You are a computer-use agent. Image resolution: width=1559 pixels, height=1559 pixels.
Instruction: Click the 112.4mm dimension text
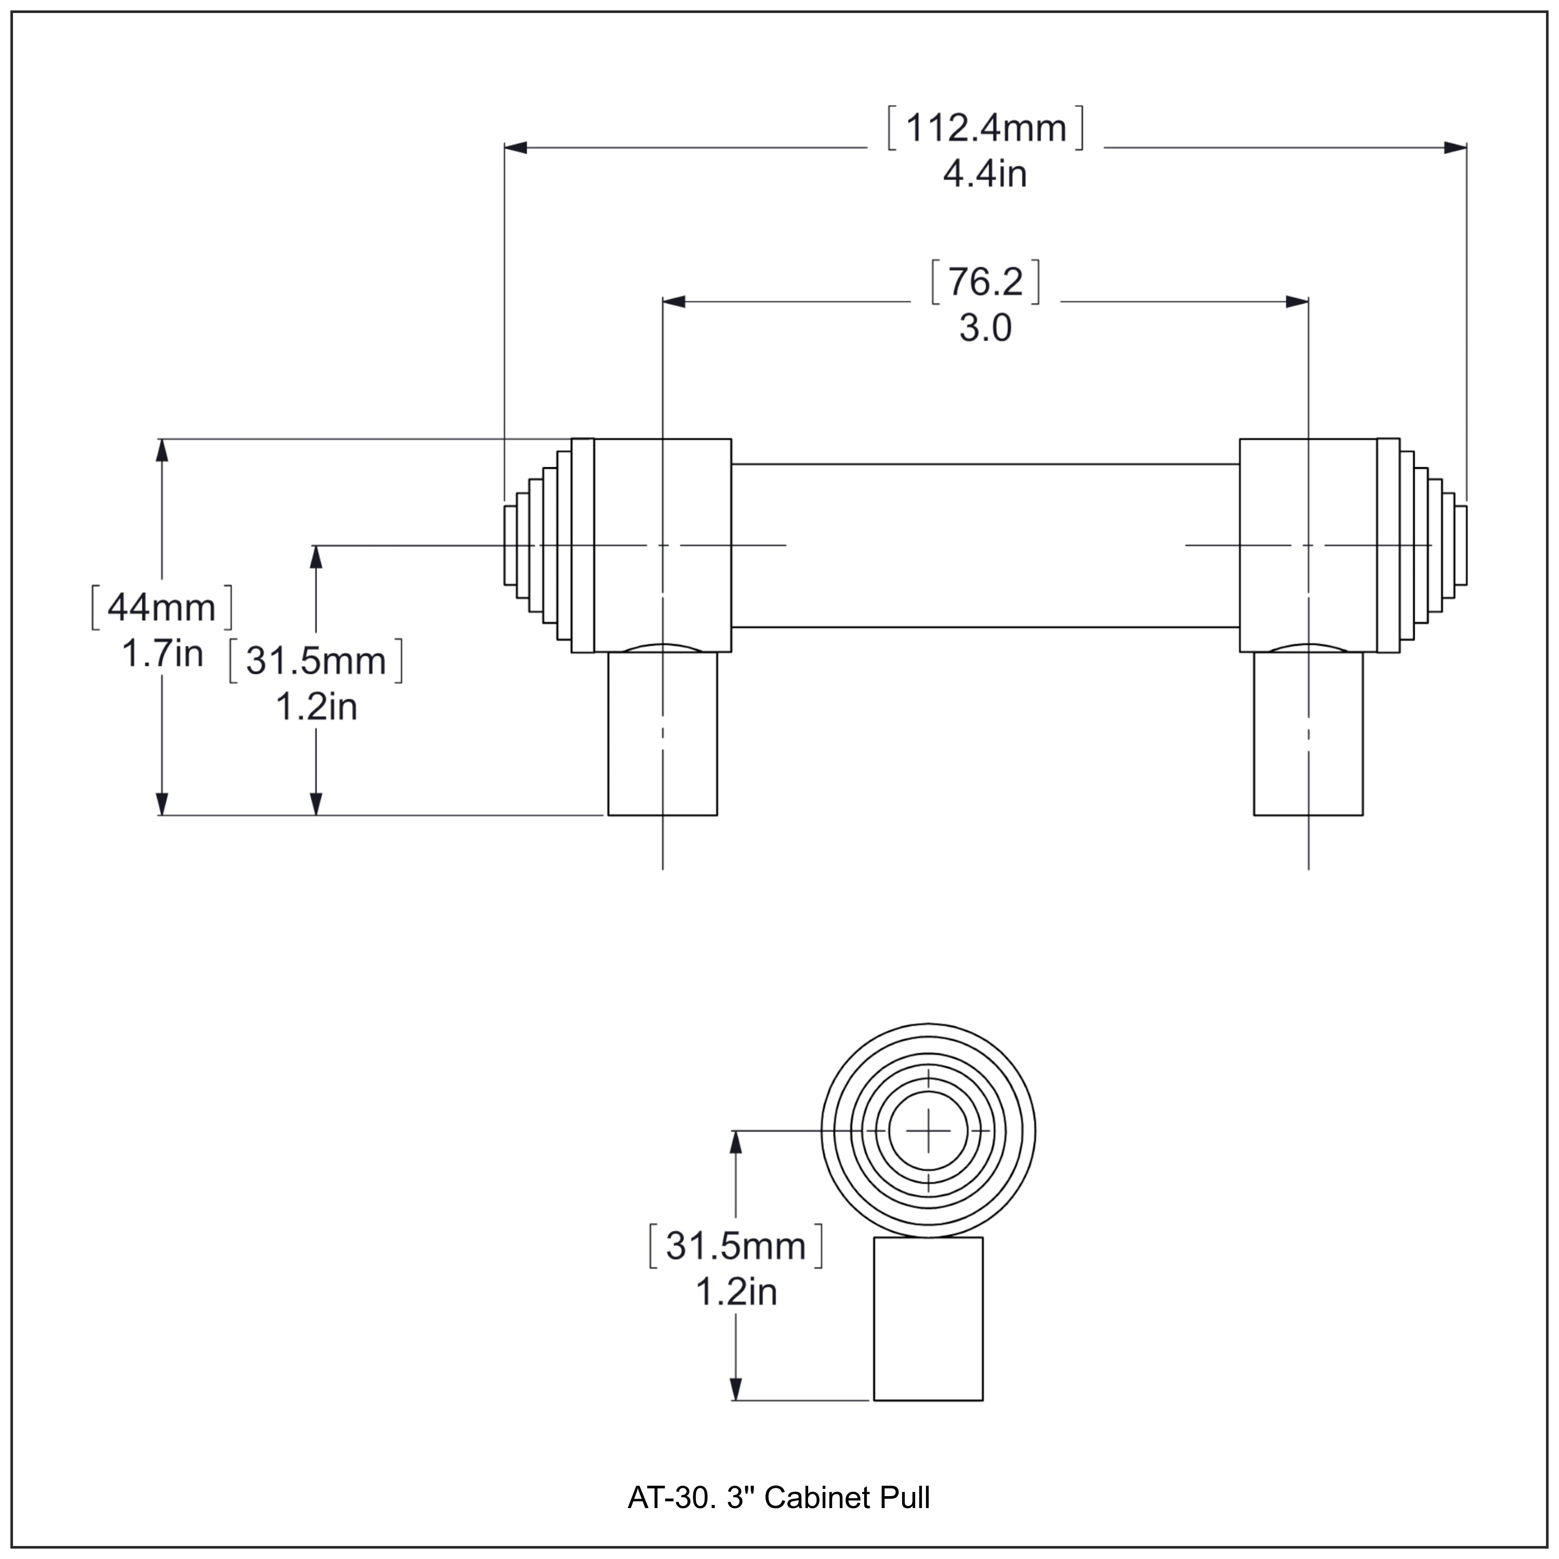click(985, 128)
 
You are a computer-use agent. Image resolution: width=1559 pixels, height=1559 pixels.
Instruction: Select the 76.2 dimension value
click(985, 282)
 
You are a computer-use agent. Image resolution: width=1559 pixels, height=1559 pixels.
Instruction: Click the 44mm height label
click(162, 607)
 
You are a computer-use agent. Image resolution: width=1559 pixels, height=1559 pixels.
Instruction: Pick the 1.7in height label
click(162, 654)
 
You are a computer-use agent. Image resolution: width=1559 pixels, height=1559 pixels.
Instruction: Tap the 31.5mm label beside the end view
click(736, 1247)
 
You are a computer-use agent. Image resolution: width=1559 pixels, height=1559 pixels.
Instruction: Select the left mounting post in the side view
click(663, 734)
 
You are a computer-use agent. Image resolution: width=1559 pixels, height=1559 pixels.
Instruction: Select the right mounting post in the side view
click(1308, 734)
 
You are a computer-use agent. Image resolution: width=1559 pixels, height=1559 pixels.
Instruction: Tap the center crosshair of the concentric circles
click(928, 1131)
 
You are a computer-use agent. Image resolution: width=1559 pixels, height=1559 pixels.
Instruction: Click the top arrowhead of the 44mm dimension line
click(162, 450)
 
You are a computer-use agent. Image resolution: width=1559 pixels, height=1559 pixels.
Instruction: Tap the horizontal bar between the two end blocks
click(985, 546)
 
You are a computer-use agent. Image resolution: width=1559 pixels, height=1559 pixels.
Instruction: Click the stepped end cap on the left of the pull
click(537, 546)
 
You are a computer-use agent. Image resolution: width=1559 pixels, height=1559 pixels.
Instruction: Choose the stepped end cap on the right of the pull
click(1433, 546)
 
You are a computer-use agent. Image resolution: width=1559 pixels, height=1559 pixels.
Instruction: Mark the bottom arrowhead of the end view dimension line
click(736, 1388)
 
